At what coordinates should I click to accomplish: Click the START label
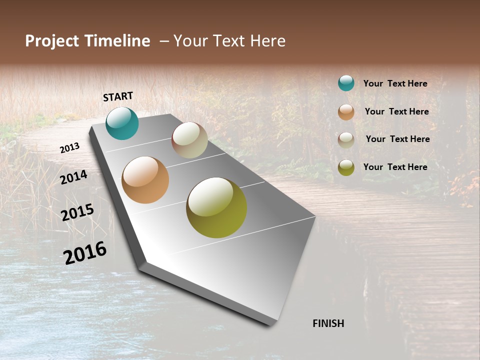[x=118, y=96]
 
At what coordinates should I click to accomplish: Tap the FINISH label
[x=328, y=323]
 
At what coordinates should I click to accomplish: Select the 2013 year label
[x=70, y=148]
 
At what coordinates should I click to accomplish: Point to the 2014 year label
[x=74, y=177]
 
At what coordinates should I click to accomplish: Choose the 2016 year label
[x=85, y=253]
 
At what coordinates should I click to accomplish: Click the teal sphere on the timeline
[x=122, y=123]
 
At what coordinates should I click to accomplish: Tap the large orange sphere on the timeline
[x=145, y=180]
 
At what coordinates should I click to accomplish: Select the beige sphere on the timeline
[x=189, y=140]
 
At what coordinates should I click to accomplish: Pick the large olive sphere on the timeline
[x=216, y=207]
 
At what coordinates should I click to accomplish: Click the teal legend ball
[x=346, y=83]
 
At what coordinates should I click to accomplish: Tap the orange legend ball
[x=346, y=112]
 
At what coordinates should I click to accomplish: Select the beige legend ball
[x=346, y=139]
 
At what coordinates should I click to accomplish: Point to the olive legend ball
[x=346, y=167]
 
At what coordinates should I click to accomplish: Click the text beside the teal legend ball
[x=395, y=83]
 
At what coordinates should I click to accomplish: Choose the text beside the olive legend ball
[x=395, y=167]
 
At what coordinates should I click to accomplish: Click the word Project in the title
[x=52, y=41]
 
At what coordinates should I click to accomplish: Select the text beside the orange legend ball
[x=396, y=111]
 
